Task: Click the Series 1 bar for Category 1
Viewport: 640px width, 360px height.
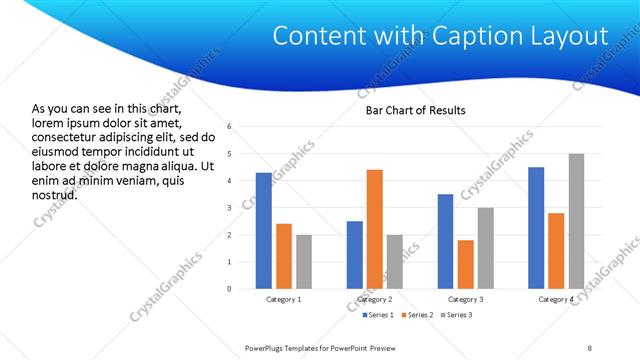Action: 263,231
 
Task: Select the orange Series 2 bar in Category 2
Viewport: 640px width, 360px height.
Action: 375,229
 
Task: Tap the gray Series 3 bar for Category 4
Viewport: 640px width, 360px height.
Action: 576,221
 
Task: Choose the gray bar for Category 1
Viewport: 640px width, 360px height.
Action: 304,262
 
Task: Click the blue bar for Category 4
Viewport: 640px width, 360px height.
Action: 536,228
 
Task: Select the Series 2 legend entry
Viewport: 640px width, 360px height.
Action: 415,316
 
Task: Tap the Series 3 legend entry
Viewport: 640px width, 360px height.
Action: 455,316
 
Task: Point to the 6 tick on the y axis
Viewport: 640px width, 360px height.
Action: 230,127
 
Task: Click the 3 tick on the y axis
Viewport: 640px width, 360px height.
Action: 230,208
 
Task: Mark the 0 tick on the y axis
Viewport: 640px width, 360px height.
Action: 230,289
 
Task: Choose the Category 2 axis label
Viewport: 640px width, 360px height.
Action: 375,300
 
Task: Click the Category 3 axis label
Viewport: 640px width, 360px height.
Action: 465,300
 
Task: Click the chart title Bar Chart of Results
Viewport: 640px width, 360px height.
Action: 416,110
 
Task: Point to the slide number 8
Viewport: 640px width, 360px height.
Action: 589,346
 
